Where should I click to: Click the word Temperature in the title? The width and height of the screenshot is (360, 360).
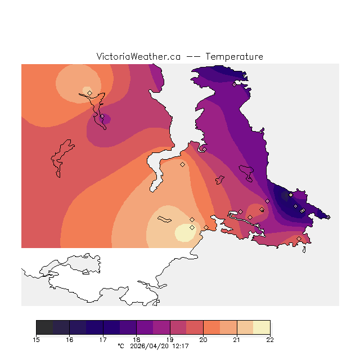234,57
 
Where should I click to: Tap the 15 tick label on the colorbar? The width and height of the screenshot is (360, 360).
36,339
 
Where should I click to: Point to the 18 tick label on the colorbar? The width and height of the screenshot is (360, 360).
136,339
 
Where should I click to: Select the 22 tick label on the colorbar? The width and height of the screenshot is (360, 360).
270,339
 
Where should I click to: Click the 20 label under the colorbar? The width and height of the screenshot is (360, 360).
203,339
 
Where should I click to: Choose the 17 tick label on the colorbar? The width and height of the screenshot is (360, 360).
103,339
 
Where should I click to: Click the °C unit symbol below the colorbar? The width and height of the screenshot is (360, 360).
120,346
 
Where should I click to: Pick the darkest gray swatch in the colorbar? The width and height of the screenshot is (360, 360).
44,327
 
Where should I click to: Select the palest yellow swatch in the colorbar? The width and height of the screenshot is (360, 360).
262,327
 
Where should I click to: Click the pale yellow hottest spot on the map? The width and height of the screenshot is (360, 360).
183,232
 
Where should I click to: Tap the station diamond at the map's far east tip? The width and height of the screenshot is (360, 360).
328,217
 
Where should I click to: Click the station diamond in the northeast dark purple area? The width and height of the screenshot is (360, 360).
235,85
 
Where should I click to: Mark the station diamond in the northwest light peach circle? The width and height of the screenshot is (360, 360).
89,93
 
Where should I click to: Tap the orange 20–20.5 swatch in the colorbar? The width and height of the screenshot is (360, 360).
211,327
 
